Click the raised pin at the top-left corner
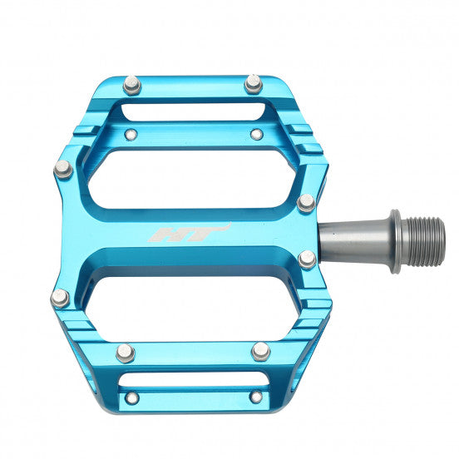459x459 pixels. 131,84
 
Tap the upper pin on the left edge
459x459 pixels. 63,170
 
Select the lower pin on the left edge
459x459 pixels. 60,297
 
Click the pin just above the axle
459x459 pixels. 306,202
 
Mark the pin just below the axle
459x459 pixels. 307,259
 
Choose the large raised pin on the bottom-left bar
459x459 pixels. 126,352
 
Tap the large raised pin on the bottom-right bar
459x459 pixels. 260,350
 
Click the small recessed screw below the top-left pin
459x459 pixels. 131,134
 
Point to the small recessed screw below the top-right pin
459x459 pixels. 256,134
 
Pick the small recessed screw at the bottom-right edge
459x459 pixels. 256,397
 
